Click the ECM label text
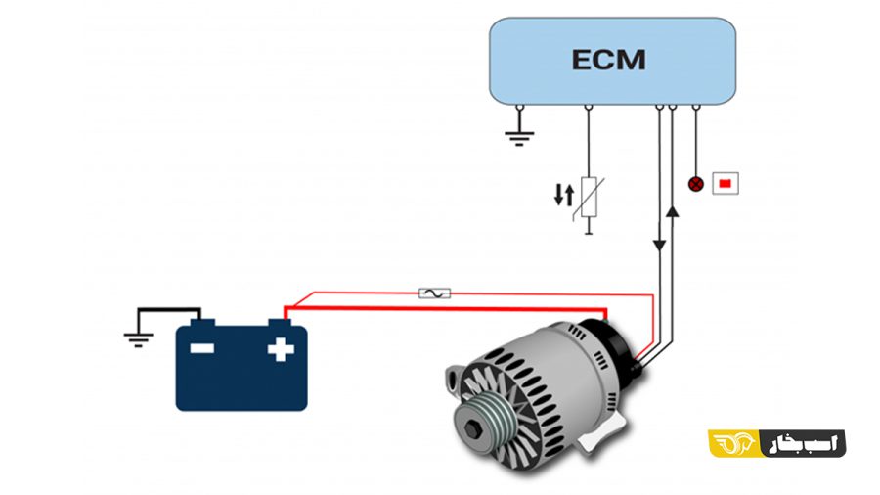pyautogui.click(x=608, y=59)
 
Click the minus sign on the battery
pyautogui.click(x=202, y=347)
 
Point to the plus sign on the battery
pyautogui.click(x=281, y=347)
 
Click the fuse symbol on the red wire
pyautogui.click(x=434, y=292)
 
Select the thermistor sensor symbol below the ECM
pyautogui.click(x=589, y=196)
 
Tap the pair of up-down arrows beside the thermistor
pyautogui.click(x=563, y=195)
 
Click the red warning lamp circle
pyautogui.click(x=695, y=183)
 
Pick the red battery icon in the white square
pyautogui.click(x=725, y=183)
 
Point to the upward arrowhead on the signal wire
pyautogui.click(x=671, y=207)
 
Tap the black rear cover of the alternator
pyautogui.click(x=610, y=342)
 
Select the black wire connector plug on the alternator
pyautogui.click(x=640, y=363)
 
